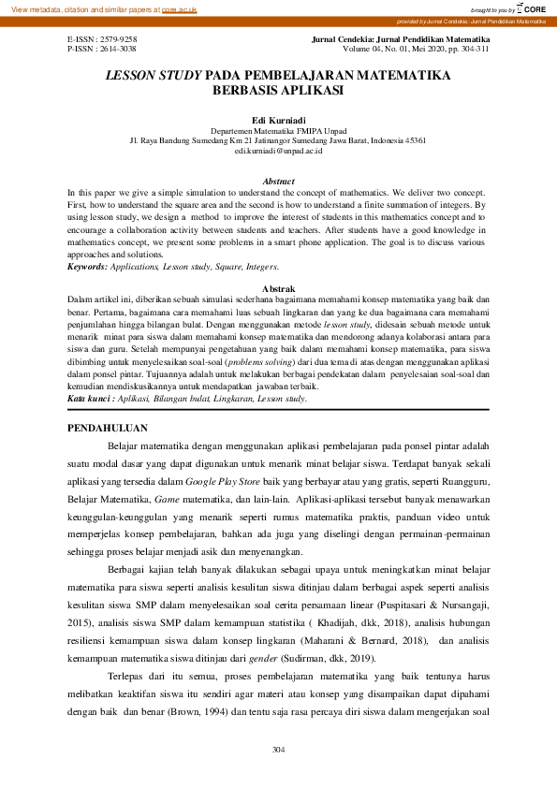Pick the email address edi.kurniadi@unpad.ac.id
point(278,150)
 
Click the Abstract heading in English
point(278,181)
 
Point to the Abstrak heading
point(278,287)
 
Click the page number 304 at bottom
point(278,750)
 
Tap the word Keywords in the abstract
point(88,267)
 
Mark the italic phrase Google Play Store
point(224,480)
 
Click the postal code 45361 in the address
point(413,140)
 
